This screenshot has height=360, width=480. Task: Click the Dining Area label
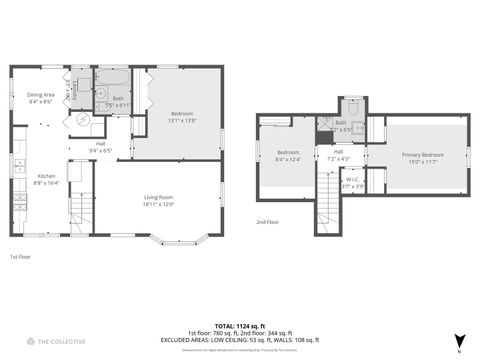(40, 95)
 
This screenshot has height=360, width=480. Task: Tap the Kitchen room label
(47, 175)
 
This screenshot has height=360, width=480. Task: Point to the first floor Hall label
(101, 144)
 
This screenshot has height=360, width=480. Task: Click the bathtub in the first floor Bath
(112, 77)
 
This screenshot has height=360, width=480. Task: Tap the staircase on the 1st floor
(80, 210)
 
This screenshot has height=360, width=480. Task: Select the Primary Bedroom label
(423, 155)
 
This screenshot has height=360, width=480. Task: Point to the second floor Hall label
(338, 152)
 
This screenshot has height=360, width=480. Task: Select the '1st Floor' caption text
(20, 256)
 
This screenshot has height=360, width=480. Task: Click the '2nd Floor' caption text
(267, 221)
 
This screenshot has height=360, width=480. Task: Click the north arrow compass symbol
(459, 341)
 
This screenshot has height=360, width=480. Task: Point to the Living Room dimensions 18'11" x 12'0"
(159, 204)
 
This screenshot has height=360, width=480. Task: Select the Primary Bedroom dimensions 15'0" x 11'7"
(423, 162)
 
